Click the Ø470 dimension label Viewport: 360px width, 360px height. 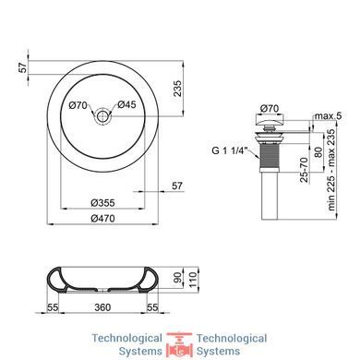pyautogui.click(x=102, y=219)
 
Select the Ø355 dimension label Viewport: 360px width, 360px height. pyautogui.click(x=102, y=203)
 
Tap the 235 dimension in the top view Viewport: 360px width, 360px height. pyautogui.click(x=177, y=89)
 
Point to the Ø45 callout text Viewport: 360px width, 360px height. pyautogui.click(x=126, y=104)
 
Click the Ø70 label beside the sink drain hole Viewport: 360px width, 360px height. pyautogui.click(x=78, y=105)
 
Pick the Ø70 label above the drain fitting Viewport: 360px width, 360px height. pyautogui.click(x=270, y=109)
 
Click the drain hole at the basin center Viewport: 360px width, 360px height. pyautogui.click(x=102, y=116)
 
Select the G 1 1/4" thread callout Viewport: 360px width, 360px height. pyautogui.click(x=230, y=151)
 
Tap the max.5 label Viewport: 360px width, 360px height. pyautogui.click(x=328, y=116)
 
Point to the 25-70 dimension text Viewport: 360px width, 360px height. pyautogui.click(x=304, y=170)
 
